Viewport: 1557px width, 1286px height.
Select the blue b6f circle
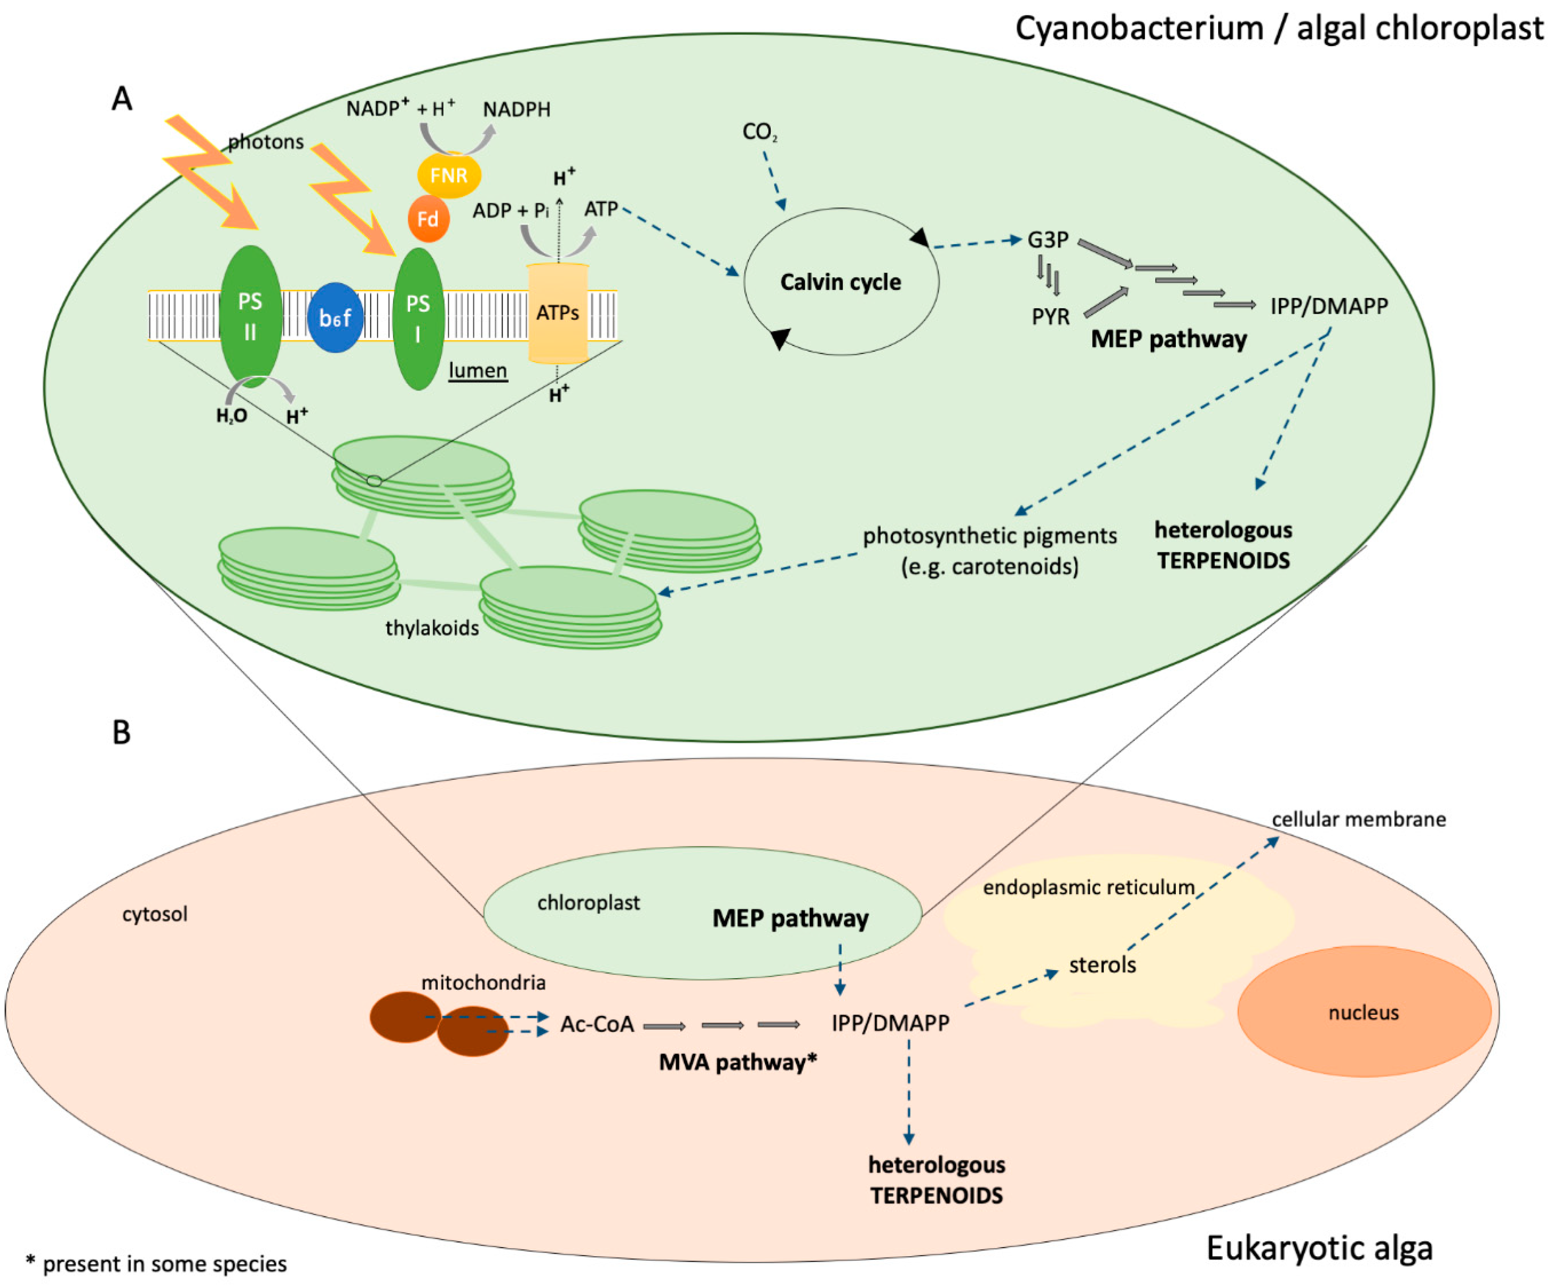(x=335, y=317)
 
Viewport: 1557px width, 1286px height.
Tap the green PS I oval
(x=418, y=318)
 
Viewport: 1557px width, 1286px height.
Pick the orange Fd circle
(x=428, y=219)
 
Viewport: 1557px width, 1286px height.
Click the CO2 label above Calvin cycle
(x=759, y=132)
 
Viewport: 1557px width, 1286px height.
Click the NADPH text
(x=516, y=109)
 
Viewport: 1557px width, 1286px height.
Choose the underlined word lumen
(x=478, y=370)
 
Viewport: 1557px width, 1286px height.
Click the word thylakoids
(x=432, y=628)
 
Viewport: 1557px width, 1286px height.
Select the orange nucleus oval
(x=1363, y=1012)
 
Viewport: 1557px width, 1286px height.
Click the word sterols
(x=1102, y=965)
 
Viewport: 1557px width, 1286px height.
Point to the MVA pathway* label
(x=738, y=1062)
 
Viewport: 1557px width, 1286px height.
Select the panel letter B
(x=122, y=733)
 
